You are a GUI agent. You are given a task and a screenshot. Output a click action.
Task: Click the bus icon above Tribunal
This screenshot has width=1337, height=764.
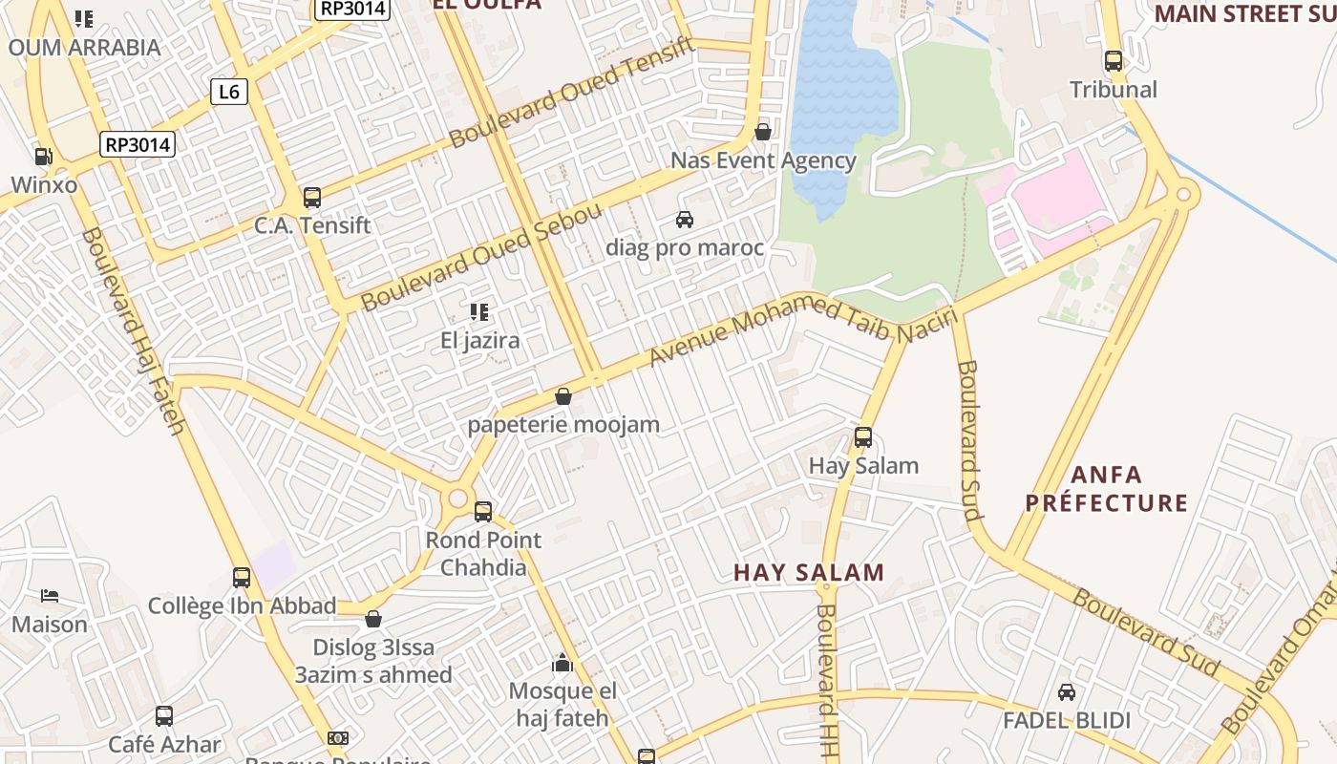coord(1114,61)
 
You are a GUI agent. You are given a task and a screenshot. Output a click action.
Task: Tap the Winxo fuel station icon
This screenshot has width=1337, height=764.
coord(43,156)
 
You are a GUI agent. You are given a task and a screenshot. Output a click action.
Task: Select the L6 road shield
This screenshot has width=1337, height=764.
coord(229,92)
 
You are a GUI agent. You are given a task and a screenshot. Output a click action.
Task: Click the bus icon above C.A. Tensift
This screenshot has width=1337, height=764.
coord(312,198)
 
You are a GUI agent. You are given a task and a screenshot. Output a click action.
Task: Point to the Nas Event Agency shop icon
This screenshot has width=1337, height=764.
coord(763,132)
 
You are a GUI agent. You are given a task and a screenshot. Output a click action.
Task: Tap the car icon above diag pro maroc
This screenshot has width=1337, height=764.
coord(685,220)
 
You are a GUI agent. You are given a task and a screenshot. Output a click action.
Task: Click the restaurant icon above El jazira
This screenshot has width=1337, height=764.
coord(479,311)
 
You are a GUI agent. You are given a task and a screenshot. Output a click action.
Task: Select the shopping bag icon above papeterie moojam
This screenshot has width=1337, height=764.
coord(563,396)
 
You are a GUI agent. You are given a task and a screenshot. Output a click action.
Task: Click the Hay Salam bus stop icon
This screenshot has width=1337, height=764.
coord(863,437)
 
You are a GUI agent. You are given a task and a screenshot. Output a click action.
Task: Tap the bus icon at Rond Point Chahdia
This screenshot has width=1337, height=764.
coord(483,511)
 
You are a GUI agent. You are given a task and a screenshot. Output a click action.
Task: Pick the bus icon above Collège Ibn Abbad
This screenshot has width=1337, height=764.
coord(242,577)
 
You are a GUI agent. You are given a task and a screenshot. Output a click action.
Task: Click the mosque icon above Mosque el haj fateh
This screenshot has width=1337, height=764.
coord(562,663)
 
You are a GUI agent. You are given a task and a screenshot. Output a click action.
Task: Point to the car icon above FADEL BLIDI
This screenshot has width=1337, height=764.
coord(1067,692)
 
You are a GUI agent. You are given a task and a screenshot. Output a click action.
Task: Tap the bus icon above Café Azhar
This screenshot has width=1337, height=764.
coord(164,716)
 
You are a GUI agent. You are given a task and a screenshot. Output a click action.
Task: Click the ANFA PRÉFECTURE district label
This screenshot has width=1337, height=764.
coord(1107,488)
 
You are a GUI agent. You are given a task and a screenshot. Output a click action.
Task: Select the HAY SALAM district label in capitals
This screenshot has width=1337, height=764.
coord(809,573)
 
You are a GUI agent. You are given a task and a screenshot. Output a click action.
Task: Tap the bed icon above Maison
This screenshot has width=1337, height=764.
coord(50,597)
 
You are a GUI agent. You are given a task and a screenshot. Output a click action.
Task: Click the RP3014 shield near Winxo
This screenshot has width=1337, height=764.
coord(138,145)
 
